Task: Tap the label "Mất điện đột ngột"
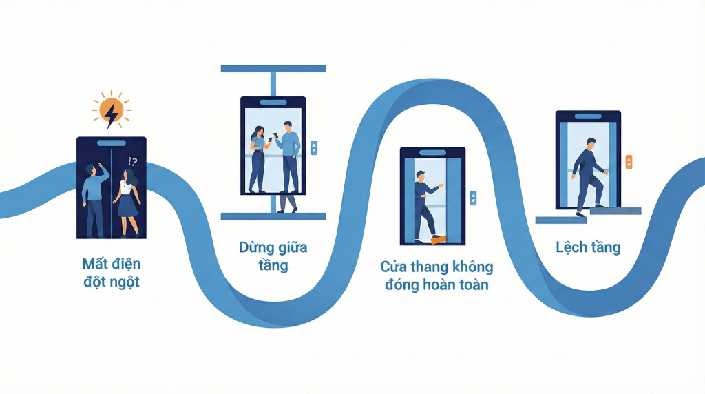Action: click(111, 272)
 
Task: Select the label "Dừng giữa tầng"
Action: click(273, 256)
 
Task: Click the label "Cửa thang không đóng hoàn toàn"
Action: click(436, 275)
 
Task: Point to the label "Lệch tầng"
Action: click(588, 247)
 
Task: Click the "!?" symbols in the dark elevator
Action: click(132, 162)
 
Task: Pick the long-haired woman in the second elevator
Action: click(257, 158)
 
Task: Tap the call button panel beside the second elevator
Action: click(314, 147)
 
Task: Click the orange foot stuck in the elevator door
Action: click(437, 238)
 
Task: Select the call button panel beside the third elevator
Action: click(472, 198)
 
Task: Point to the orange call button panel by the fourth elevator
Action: click(629, 163)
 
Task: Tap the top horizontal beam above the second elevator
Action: click(273, 69)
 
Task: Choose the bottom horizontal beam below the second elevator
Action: click(273, 216)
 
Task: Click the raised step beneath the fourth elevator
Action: click(615, 211)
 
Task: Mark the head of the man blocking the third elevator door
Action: click(421, 176)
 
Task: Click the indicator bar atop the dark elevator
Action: click(111, 143)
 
